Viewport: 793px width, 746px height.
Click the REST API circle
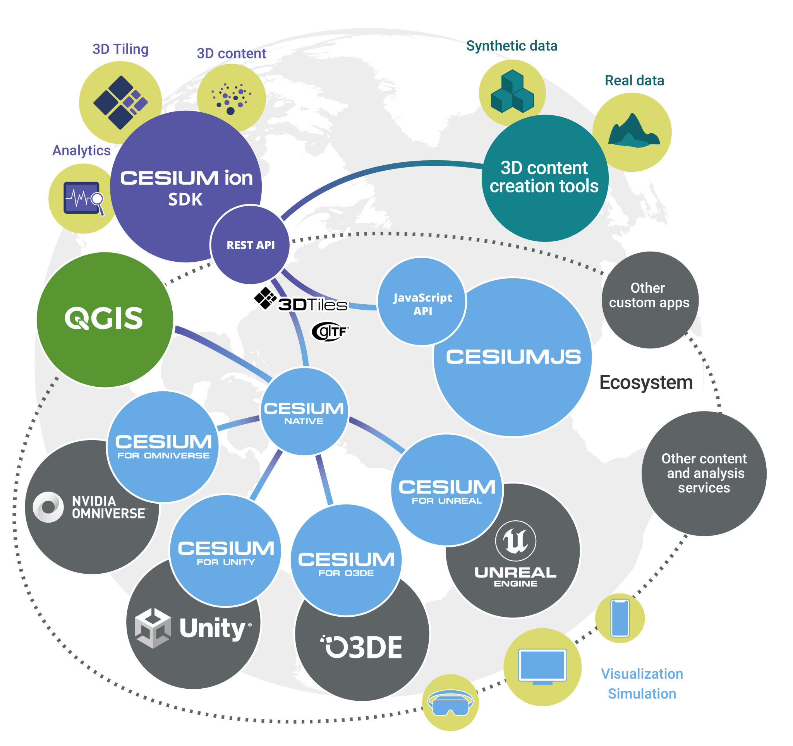[x=250, y=244]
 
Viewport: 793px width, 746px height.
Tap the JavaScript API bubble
[x=422, y=303]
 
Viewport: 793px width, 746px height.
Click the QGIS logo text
[x=104, y=319]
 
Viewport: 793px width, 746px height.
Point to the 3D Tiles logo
[x=301, y=301]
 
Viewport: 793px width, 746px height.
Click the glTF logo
[x=330, y=332]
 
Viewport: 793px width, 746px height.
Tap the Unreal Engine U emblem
[x=515, y=541]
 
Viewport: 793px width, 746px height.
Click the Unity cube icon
[x=153, y=628]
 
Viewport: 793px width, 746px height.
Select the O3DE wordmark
[x=362, y=647]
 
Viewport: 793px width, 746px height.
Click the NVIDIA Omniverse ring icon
[x=48, y=507]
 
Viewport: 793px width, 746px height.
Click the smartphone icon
[x=620, y=618]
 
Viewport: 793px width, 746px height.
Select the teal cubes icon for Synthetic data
[x=512, y=92]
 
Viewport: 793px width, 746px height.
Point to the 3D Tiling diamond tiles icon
[x=120, y=102]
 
